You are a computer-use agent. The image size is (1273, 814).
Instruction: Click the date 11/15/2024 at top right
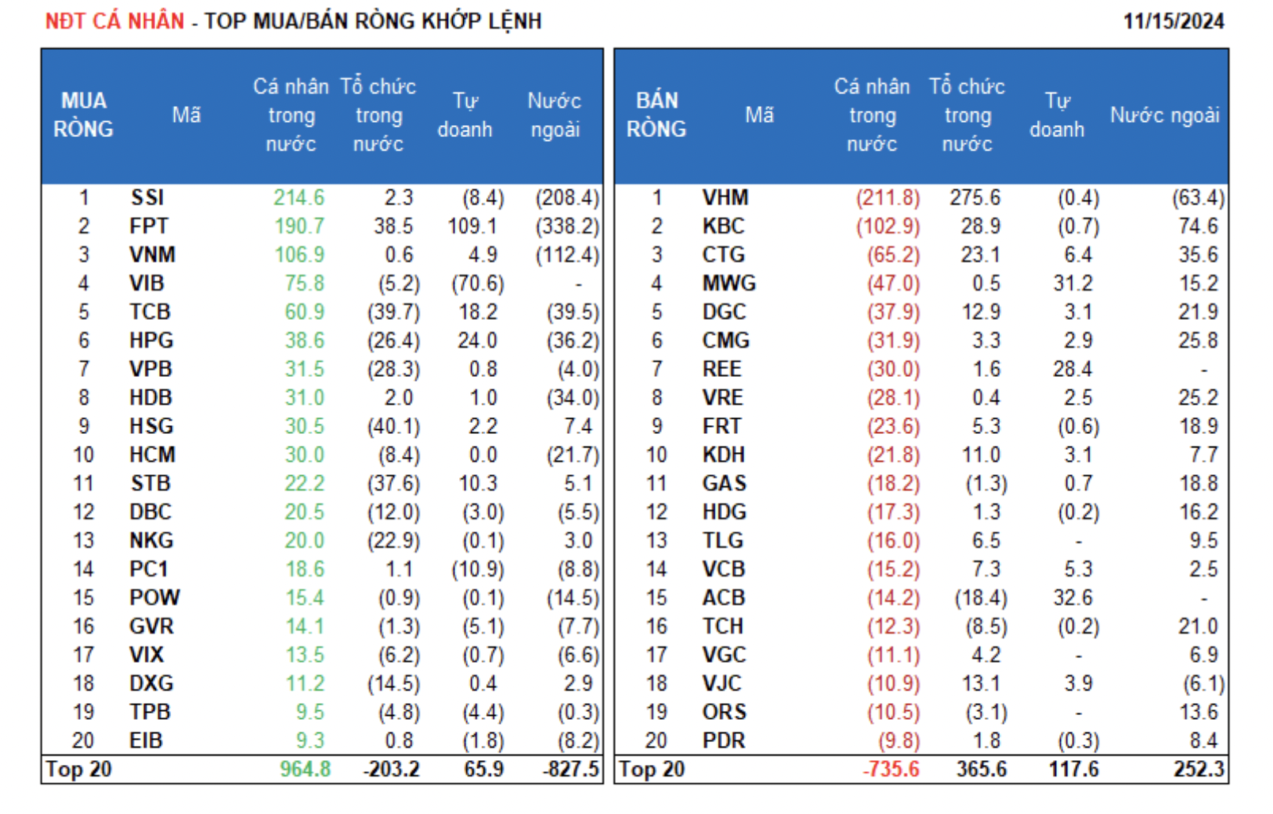point(1173,21)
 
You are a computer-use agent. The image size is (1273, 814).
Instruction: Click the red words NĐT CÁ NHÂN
point(115,21)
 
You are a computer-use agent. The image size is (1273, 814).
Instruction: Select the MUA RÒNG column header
point(84,115)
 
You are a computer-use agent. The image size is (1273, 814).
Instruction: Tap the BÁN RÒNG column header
point(656,115)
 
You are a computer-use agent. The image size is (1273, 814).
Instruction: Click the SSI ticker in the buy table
point(147,198)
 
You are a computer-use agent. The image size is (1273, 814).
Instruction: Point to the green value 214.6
point(299,198)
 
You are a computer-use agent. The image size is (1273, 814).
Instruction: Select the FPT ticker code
point(149,226)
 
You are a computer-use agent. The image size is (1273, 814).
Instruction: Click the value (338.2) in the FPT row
point(567,226)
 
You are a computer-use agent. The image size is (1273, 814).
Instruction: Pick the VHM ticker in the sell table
point(725,198)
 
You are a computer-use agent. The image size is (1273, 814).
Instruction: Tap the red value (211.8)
point(887,198)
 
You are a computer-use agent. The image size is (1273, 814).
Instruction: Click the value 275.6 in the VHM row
point(975,198)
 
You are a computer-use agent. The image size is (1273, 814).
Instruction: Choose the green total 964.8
point(305,769)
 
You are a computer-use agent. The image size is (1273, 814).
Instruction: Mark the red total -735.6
point(891,769)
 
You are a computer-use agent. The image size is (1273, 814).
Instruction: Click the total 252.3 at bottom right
point(1199,769)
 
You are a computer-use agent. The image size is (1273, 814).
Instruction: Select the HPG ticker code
point(151,340)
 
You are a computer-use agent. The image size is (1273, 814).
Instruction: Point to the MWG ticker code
point(729,283)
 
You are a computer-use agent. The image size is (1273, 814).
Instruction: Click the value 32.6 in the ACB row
point(1073,598)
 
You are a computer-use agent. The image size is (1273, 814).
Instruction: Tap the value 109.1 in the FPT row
point(472,226)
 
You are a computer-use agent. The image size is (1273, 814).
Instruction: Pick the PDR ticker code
point(724,740)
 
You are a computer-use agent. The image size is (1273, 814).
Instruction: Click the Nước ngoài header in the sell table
point(1165,116)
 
